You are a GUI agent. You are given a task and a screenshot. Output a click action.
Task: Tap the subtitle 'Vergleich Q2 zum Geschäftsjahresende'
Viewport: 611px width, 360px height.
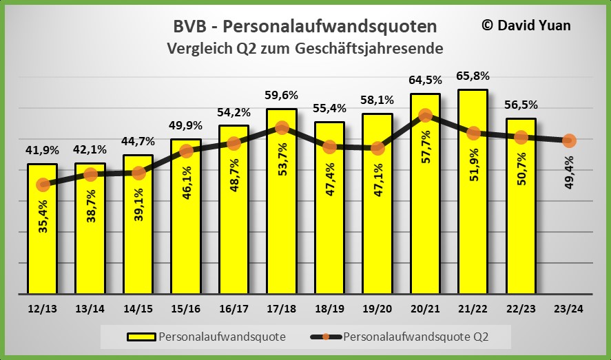point(304,48)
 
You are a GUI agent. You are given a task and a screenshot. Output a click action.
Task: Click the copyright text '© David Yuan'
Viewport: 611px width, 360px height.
point(526,25)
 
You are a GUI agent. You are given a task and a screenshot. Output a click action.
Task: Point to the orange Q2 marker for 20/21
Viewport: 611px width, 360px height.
point(425,116)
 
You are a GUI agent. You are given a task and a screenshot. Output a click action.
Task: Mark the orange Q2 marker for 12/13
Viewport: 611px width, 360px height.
point(43,184)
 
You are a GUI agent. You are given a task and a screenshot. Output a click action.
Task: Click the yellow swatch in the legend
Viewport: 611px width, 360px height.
point(141,337)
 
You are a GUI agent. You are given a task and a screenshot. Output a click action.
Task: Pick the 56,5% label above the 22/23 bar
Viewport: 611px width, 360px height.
point(521,105)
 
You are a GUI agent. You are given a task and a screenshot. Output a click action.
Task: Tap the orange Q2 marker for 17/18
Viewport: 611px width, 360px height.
point(282,127)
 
